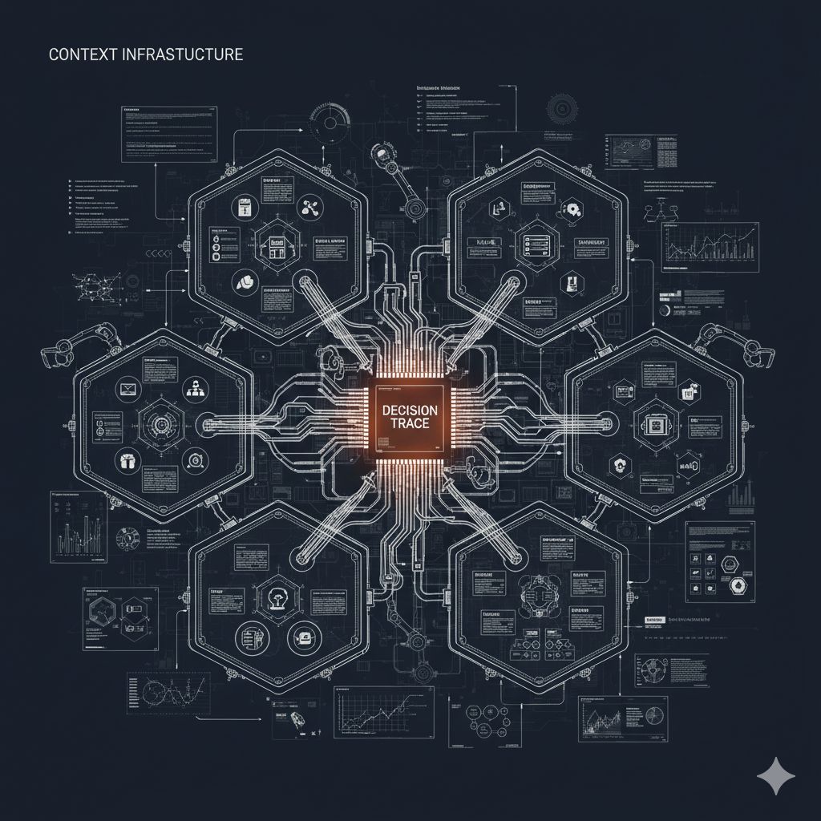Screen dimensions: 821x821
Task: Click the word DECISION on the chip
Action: click(x=410, y=410)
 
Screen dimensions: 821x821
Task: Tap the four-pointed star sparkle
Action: click(x=776, y=775)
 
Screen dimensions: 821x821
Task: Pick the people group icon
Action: click(x=193, y=390)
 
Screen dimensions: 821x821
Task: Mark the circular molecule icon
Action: click(x=309, y=207)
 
